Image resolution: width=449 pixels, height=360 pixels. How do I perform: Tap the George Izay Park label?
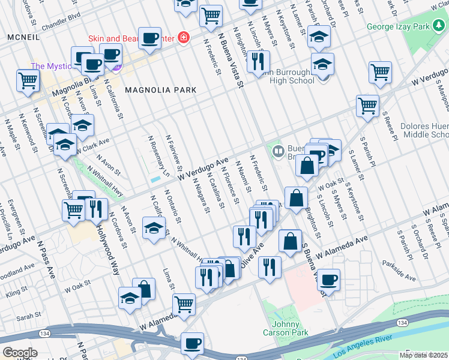click(x=406, y=27)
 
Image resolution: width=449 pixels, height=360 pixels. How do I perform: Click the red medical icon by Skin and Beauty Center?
click(x=182, y=38)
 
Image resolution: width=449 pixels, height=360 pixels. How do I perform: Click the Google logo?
click(x=20, y=353)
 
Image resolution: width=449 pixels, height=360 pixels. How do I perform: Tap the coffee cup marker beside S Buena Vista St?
click(x=328, y=279)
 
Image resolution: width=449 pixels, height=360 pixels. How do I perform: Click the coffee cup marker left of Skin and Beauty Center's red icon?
click(x=149, y=38)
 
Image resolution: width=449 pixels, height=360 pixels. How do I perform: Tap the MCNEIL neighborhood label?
click(x=23, y=37)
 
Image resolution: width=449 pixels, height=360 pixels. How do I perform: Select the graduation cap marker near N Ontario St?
click(x=154, y=227)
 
